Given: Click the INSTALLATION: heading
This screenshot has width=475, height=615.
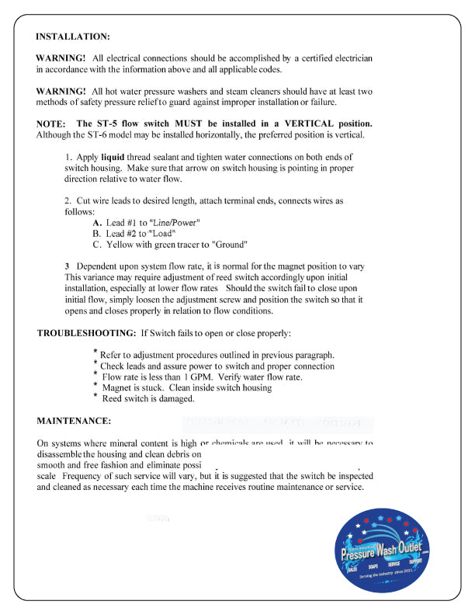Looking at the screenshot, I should point(73,36).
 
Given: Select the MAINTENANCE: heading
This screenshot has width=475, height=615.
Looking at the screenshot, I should point(74,421).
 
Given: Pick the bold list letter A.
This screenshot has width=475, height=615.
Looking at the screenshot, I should point(97,223).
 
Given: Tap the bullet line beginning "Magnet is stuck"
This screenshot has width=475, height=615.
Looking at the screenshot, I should point(187,387).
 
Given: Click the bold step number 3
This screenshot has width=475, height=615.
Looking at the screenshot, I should point(68,266).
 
